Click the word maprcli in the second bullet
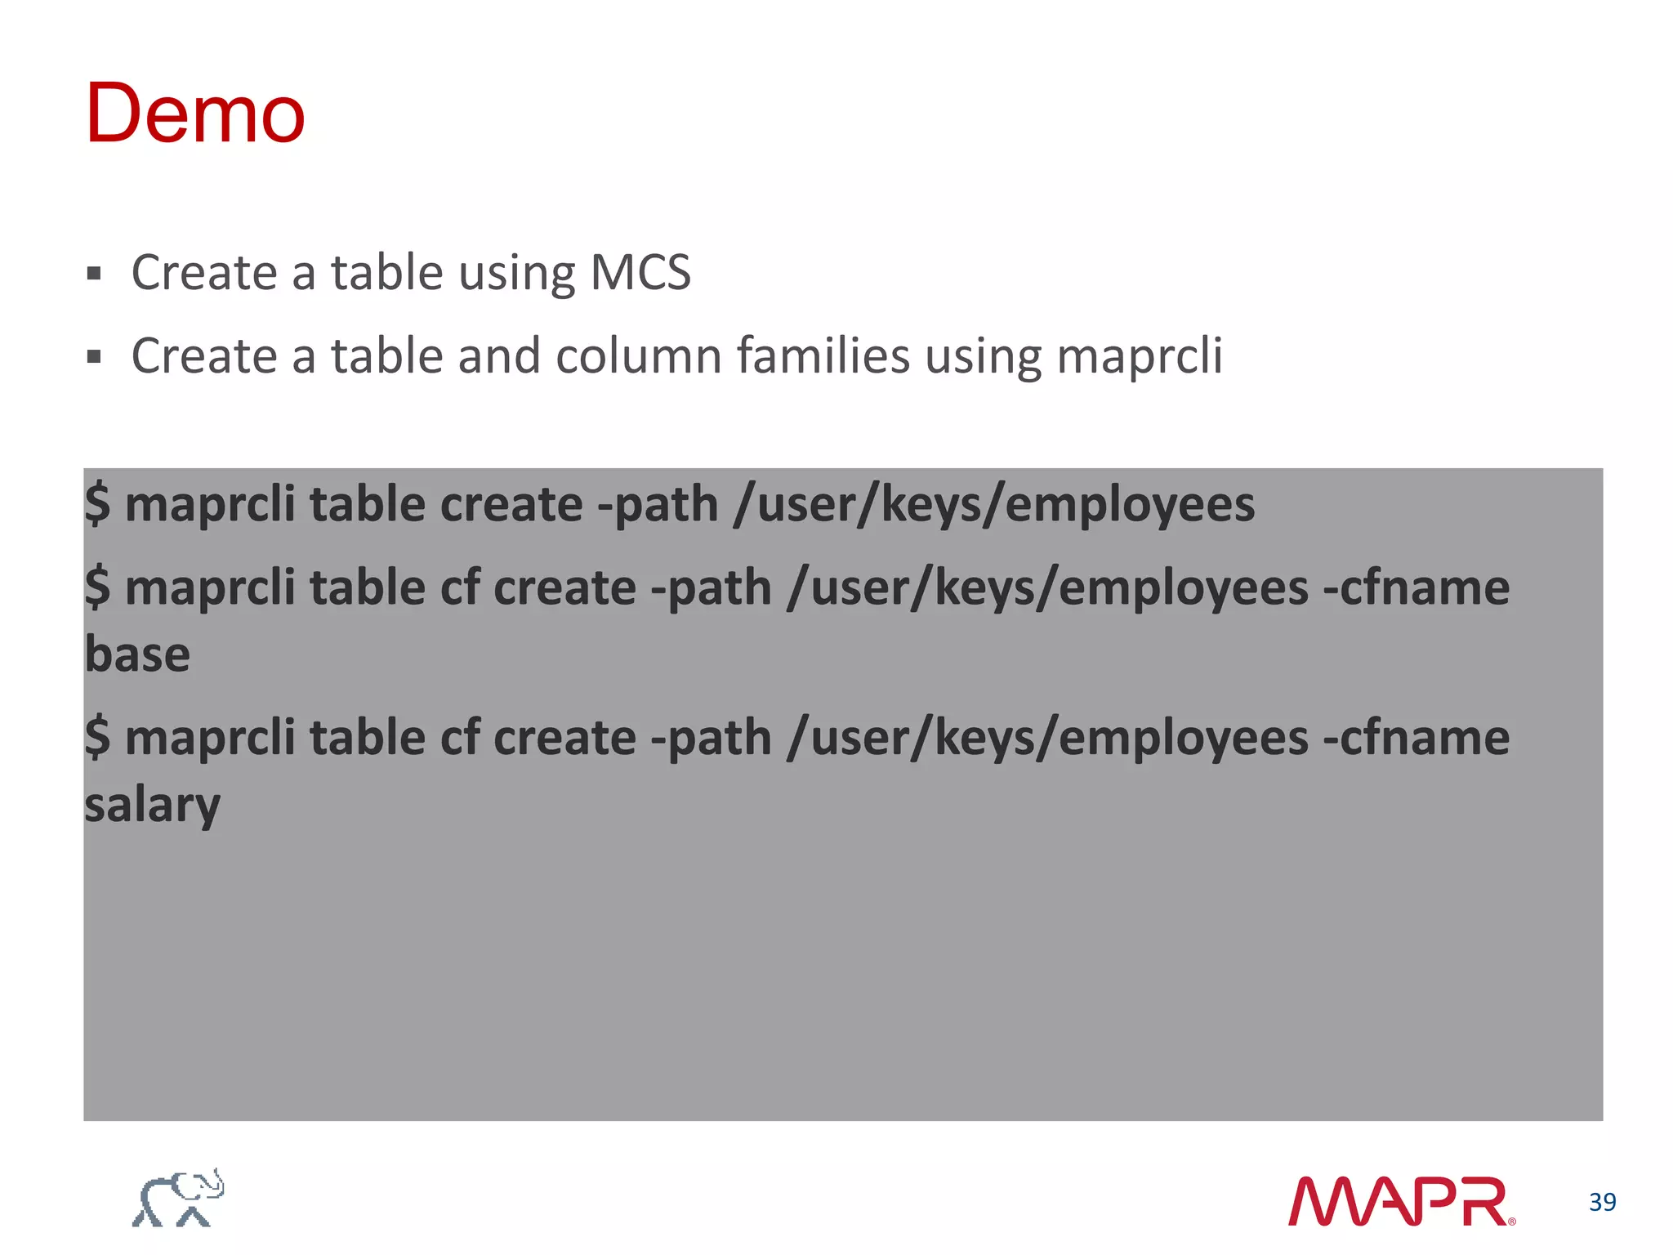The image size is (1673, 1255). [1139, 356]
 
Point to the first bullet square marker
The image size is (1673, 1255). [94, 273]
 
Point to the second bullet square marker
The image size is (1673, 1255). [94, 357]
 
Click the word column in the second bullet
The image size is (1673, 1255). [638, 356]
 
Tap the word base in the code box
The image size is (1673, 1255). [137, 654]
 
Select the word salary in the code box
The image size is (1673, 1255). [152, 806]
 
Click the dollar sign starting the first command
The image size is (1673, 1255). [97, 504]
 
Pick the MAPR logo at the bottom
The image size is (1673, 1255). [1400, 1201]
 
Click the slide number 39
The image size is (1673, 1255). [1602, 1202]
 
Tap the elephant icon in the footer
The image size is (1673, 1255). [178, 1198]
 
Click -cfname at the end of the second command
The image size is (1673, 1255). [1416, 587]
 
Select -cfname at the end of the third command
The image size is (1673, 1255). [1416, 738]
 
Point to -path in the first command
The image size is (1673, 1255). [658, 504]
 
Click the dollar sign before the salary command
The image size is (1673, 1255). [97, 738]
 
